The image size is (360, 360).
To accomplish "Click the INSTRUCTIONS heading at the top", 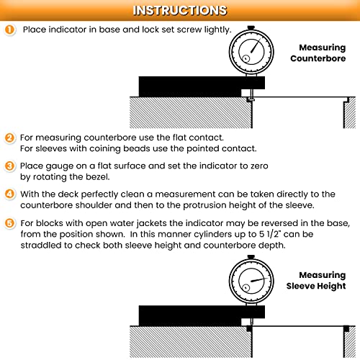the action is coord(180,10).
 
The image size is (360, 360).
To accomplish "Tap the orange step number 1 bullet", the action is coord(9,30).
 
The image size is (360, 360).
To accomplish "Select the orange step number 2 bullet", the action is coord(9,138).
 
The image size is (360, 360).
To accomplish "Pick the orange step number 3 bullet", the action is coord(9,166).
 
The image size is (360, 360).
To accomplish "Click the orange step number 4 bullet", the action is coord(9,194).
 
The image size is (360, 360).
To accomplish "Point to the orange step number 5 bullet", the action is coord(9,223).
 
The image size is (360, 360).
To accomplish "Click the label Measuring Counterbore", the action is coord(318,53).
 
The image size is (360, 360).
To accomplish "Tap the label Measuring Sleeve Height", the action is coord(316,280).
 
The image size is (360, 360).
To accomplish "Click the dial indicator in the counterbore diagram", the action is coord(251,51).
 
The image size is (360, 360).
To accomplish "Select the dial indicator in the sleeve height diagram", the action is coord(251,280).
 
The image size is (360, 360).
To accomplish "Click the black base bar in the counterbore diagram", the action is coord(202,86).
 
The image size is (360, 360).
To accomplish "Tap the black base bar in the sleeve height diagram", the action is coord(202,315).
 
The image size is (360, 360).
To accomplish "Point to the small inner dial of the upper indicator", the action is coord(246,58).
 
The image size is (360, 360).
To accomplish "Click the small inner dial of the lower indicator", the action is coord(246,287).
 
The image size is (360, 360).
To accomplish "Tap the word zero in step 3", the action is coord(259,166).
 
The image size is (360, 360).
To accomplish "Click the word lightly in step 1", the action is coord(217,30).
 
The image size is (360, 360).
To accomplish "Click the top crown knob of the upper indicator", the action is coord(251,27).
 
